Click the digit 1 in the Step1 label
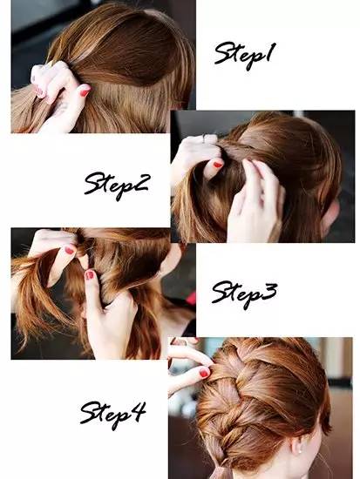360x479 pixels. tap(268, 53)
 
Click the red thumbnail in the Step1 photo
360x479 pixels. tap(85, 91)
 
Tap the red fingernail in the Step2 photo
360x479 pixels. tap(218, 165)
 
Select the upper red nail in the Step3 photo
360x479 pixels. tap(70, 250)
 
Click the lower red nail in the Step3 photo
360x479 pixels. tap(89, 274)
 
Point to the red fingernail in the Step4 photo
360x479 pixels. tap(204, 373)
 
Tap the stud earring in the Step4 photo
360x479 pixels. tap(301, 451)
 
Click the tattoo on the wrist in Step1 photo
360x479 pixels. tap(62, 107)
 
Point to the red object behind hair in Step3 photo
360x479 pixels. tap(191, 299)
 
